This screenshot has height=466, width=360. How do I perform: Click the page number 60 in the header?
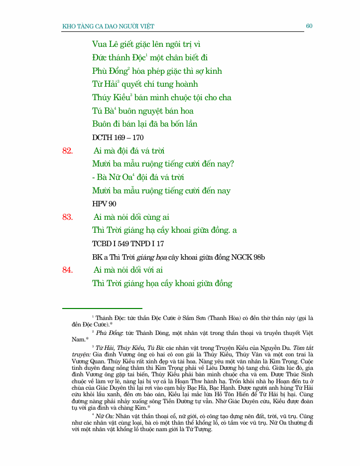point(309,26)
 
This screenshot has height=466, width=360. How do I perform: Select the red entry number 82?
point(68,151)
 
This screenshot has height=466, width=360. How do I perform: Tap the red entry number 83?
point(68,217)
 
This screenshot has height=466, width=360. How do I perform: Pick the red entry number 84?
point(68,270)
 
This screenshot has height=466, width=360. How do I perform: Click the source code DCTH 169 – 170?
point(118,137)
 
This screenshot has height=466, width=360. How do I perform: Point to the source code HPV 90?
point(104,204)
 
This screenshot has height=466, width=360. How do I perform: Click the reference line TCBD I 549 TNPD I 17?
point(128,244)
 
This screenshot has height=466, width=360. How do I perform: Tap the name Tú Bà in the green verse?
point(103,111)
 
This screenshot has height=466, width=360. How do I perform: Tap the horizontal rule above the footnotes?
point(102,309)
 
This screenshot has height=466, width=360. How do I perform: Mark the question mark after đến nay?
point(232,164)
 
